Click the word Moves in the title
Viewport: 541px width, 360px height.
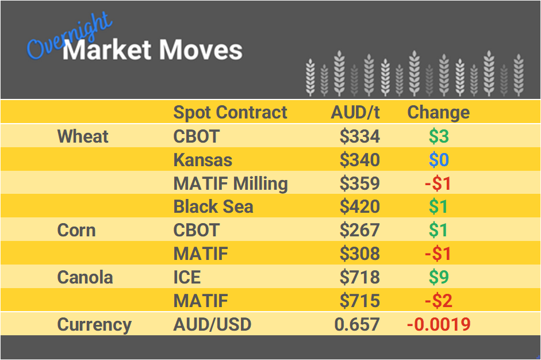tap(200, 51)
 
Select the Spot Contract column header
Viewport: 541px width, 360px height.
tap(230, 112)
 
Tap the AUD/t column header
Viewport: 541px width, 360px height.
tap(355, 112)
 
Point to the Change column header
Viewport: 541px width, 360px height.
tap(438, 112)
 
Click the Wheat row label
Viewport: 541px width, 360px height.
tap(83, 136)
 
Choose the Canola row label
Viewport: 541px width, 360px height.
tap(85, 277)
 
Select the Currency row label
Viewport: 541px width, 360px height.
tap(94, 324)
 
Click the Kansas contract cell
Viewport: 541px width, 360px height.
tap(203, 160)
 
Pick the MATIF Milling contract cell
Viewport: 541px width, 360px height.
tap(230, 183)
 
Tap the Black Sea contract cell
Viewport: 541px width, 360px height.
tap(213, 206)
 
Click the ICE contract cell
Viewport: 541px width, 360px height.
tap(187, 277)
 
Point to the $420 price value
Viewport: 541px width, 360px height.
tap(359, 206)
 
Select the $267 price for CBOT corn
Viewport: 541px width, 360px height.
tap(359, 230)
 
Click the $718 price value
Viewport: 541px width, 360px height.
tap(359, 277)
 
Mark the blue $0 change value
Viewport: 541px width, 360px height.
tap(438, 160)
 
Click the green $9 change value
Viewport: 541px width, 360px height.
tap(438, 277)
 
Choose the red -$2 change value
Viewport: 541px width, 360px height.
tap(438, 301)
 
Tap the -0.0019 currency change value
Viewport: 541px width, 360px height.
tap(438, 324)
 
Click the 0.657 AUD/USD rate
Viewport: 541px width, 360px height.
tap(356, 324)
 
